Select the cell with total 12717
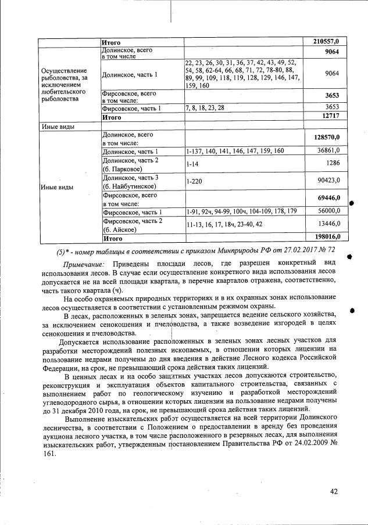(328, 117)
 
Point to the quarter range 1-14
(192, 164)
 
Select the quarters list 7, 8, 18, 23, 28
(203, 108)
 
